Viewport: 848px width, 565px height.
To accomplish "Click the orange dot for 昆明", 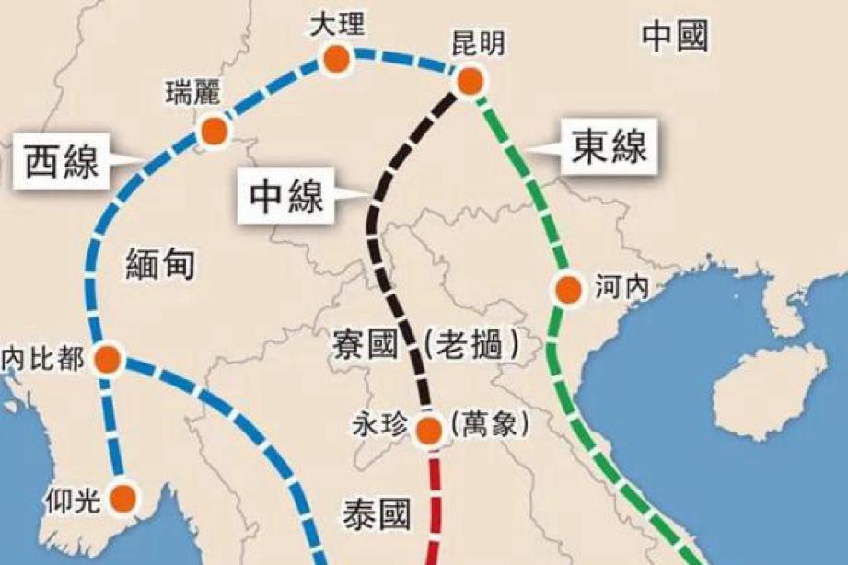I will [470, 81].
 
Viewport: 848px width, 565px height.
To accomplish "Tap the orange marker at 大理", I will [336, 60].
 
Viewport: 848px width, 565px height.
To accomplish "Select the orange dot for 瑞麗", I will [214, 132].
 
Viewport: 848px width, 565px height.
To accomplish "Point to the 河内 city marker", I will [568, 290].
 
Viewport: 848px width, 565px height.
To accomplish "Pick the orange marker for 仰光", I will [123, 498].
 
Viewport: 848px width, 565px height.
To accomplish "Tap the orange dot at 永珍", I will [428, 429].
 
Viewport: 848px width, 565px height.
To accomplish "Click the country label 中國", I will [676, 38].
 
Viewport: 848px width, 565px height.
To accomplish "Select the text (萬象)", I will [489, 424].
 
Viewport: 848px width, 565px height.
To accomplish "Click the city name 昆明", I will [479, 44].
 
